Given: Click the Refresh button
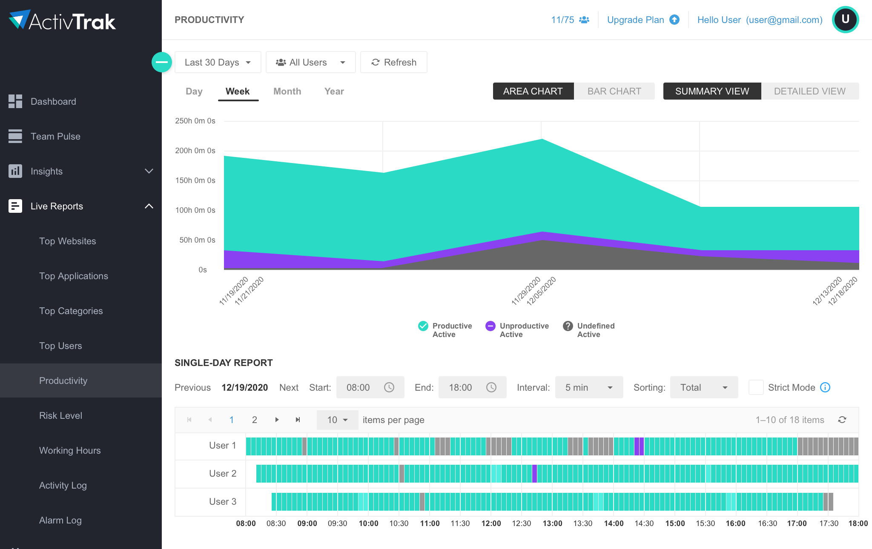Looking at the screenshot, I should click(393, 63).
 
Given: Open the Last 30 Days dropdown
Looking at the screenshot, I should click(218, 63).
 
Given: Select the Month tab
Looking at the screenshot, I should click(287, 91).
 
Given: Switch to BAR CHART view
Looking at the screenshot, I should click(614, 91).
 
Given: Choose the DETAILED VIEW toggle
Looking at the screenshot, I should click(809, 91).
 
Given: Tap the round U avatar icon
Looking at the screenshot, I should click(845, 20).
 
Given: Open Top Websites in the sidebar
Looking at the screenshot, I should click(67, 241).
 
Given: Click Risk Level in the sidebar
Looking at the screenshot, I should click(60, 416).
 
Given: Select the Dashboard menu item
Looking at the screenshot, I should click(53, 102).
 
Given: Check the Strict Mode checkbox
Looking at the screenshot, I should click(756, 388).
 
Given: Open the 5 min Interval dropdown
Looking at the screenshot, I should click(588, 388).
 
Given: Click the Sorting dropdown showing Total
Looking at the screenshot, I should click(703, 388).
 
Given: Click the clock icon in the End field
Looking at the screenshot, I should click(491, 388).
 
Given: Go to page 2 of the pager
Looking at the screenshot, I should click(254, 420).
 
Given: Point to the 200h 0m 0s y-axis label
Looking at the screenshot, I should click(195, 151).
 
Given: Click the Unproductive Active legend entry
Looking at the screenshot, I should click(517, 330).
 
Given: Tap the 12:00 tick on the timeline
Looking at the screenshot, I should click(491, 523).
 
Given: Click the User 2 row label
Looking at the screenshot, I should click(222, 474).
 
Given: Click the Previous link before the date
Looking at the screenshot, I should click(192, 388).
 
